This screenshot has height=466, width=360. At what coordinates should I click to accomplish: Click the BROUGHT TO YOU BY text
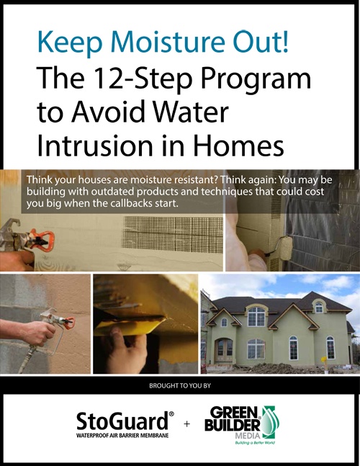[180, 385]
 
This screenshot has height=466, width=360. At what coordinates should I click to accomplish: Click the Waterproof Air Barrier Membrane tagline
[122, 435]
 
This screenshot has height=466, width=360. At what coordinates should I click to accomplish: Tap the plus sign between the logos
[186, 424]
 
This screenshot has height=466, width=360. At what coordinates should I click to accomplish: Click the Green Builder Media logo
[242, 424]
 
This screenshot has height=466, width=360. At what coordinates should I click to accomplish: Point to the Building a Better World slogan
[255, 442]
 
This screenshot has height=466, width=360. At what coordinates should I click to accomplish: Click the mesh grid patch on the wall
[173, 234]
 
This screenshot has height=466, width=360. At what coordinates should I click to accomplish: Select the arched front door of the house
[223, 350]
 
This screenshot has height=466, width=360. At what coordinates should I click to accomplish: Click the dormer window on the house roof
[319, 307]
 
